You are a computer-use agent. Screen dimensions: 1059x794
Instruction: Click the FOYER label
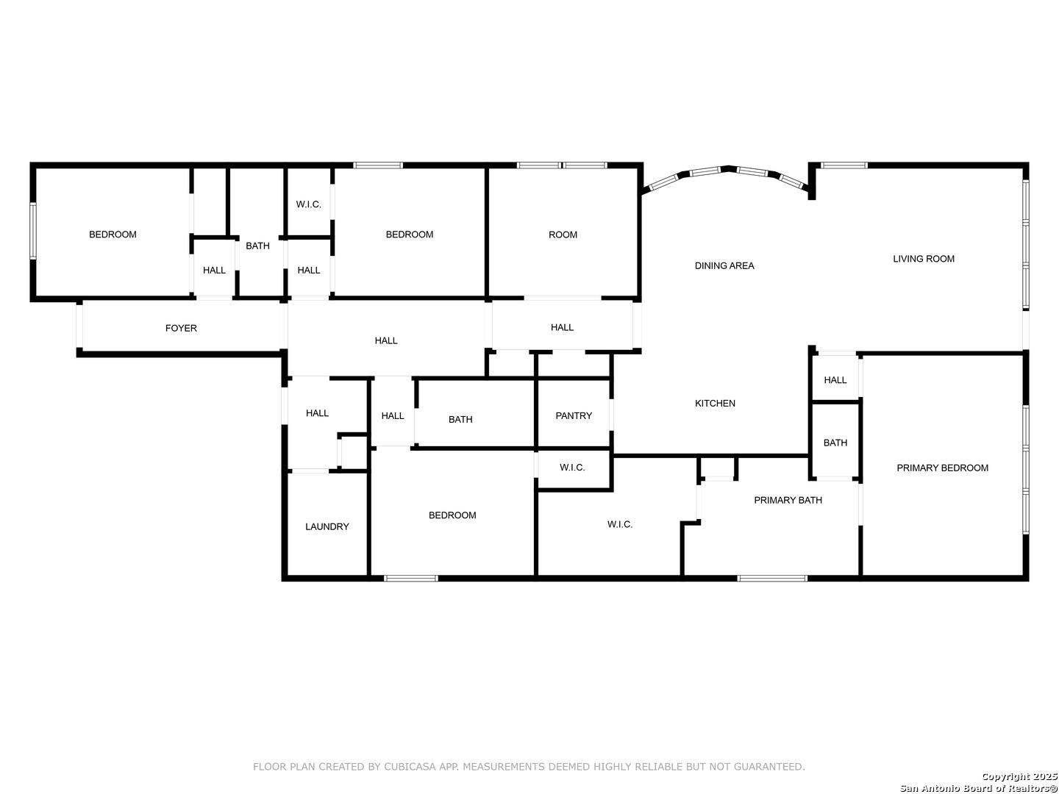(181, 329)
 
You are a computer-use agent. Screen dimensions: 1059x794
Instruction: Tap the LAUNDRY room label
(327, 527)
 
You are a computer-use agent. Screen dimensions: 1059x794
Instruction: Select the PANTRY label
(574, 415)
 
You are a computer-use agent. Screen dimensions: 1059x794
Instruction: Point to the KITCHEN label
(715, 404)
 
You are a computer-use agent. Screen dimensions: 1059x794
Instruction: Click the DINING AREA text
(724, 265)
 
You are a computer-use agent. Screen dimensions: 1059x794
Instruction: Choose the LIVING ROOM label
(924, 259)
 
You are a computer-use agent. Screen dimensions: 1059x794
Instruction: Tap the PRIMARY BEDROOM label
(942, 468)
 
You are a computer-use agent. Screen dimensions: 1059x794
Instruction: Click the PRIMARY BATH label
(788, 501)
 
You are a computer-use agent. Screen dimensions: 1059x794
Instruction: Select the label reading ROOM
(563, 235)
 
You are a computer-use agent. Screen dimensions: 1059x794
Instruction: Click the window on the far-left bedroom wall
(33, 231)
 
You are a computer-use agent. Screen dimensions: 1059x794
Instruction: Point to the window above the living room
(844, 165)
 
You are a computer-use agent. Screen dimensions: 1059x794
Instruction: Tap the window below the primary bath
(772, 578)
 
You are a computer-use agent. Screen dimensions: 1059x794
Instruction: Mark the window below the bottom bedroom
(411, 578)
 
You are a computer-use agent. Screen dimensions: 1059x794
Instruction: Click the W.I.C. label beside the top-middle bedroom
(309, 204)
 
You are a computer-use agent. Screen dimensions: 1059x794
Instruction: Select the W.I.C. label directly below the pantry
(572, 467)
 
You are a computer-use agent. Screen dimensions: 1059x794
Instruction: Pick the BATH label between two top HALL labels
(257, 246)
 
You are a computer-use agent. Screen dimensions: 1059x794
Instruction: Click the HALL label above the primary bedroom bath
(835, 380)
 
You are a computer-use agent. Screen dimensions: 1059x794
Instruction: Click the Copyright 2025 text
(1019, 776)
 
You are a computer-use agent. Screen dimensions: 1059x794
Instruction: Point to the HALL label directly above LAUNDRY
(317, 413)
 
